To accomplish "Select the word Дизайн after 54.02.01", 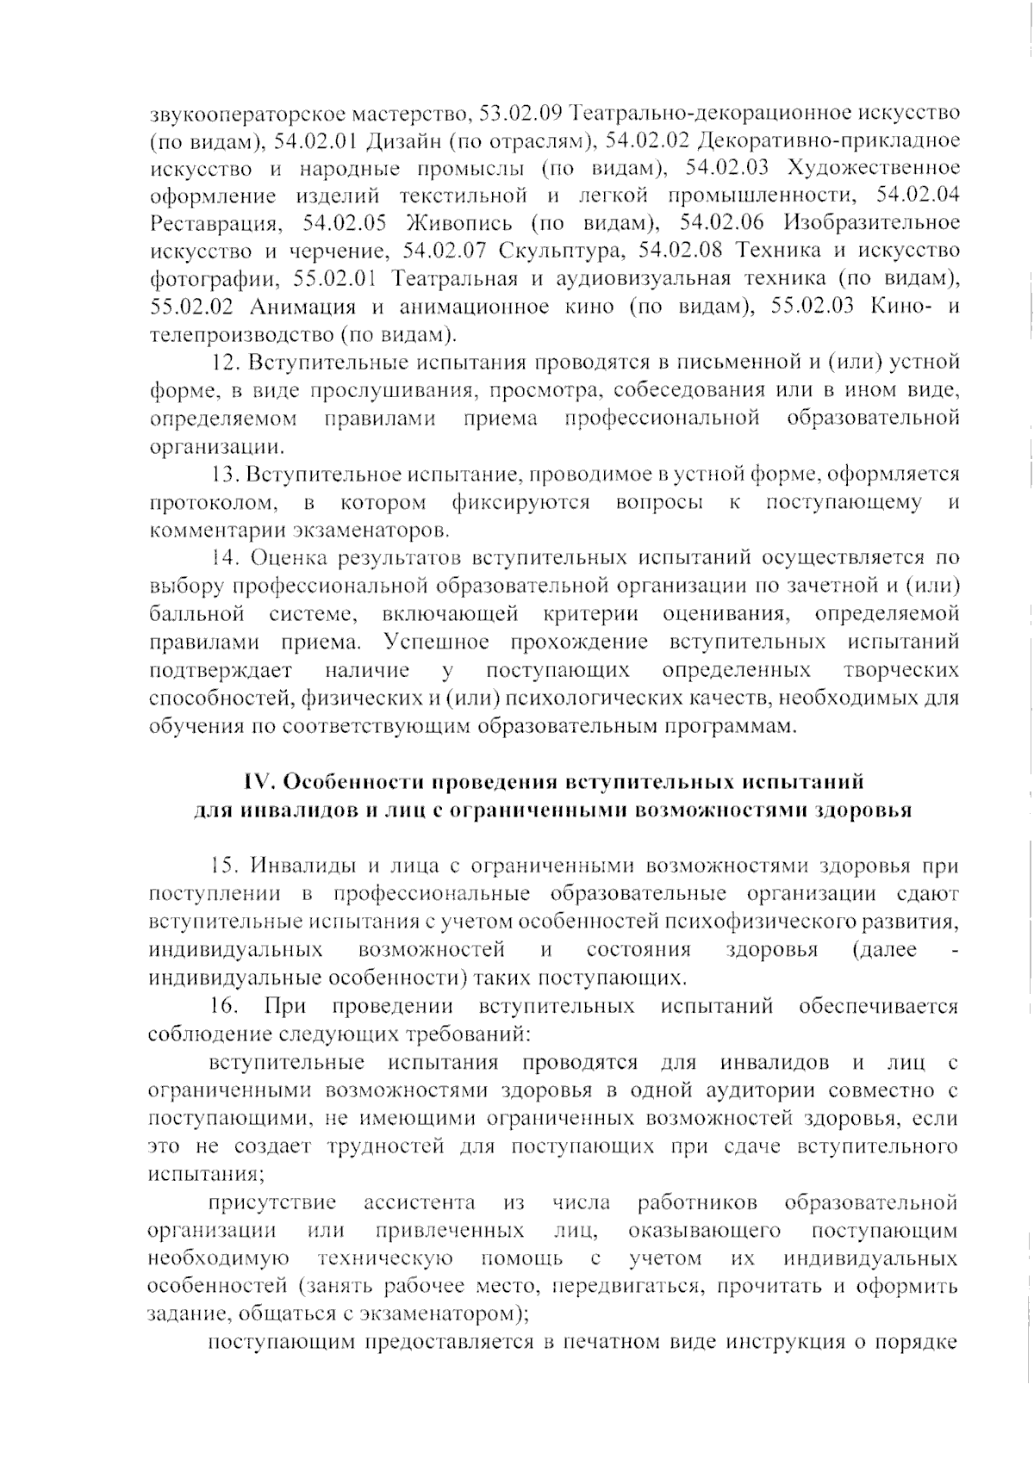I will (402, 140).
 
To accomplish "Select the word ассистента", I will (419, 1202).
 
